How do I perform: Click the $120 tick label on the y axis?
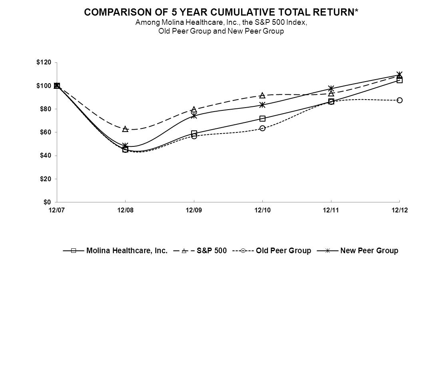point(44,62)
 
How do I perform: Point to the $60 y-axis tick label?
point(45,132)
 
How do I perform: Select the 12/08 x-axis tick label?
point(125,210)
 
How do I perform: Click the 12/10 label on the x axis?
point(262,210)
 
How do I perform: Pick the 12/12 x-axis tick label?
point(399,210)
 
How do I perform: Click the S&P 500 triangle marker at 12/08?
point(125,129)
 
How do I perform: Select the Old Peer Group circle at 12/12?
point(399,100)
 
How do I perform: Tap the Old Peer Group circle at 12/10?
point(262,128)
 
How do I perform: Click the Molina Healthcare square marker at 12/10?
point(262,118)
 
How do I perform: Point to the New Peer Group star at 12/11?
point(331,88)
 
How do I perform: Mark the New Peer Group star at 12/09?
point(194,116)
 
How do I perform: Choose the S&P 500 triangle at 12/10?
point(262,95)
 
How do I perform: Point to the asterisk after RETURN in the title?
point(356,11)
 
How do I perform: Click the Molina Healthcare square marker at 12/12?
point(399,80)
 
